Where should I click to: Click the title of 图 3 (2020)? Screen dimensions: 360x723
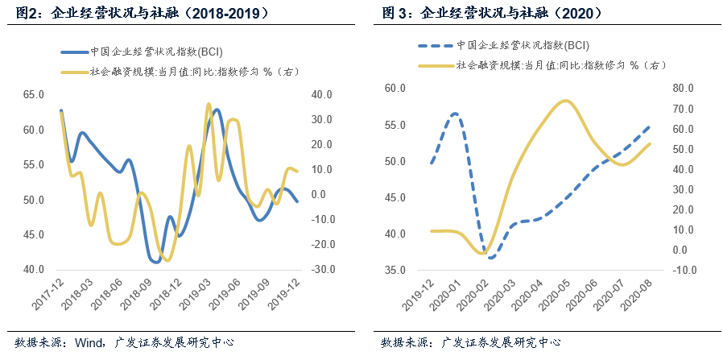coord(491,14)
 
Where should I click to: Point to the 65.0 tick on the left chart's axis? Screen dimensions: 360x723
coord(33,95)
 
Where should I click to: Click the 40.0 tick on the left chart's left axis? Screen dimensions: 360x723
coord(33,270)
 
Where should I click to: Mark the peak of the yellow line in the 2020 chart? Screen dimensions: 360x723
coord(566,101)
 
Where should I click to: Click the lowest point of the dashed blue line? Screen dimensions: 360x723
coord(490,257)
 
